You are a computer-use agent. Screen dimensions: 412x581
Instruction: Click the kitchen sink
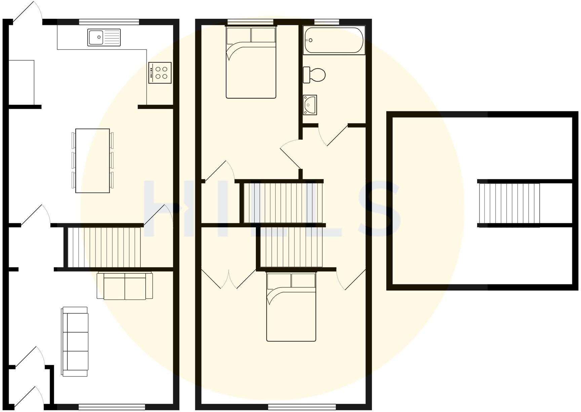coord(104,37)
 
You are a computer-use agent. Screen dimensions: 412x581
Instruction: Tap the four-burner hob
coord(160,73)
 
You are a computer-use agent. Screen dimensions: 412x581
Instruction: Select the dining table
coord(92,161)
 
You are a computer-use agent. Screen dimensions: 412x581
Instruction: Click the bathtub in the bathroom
coord(334,40)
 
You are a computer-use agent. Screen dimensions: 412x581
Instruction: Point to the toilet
coord(315,75)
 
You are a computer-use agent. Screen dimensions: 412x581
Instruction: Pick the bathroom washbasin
coord(310,105)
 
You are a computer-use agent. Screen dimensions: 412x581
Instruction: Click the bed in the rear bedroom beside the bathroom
coord(251,63)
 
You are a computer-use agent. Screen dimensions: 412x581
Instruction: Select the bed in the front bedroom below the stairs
coord(291,307)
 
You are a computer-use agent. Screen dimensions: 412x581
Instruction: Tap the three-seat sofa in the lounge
coord(75,341)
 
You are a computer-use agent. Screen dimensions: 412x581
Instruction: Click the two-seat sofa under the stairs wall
coord(125,286)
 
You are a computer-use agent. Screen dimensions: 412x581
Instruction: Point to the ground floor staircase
coord(104,247)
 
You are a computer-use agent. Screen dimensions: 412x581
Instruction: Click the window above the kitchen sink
coord(109,22)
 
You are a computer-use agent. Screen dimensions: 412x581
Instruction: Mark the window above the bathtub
coord(326,22)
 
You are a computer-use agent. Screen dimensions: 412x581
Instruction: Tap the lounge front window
coord(112,407)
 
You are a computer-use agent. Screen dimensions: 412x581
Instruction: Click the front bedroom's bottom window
coord(302,407)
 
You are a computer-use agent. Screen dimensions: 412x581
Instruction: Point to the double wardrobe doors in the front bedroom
coord(229,279)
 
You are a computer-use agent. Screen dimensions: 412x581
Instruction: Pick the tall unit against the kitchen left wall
coord(21,82)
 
